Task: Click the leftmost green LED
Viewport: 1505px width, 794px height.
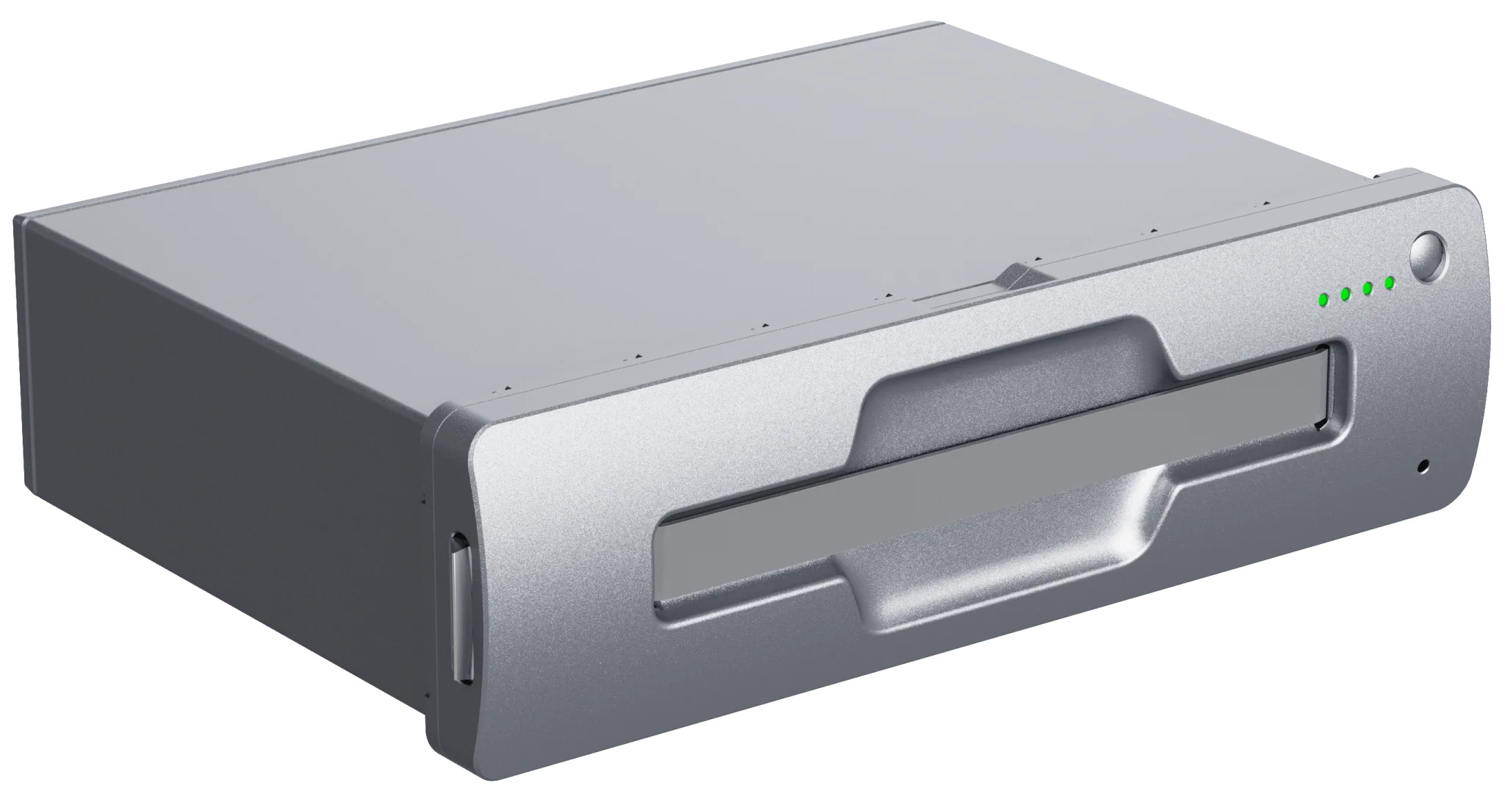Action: [1323, 299]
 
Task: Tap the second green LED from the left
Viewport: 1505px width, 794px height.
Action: [1346, 294]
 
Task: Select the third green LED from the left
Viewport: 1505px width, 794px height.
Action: [1368, 288]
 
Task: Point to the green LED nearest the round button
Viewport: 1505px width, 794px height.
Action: [1389, 282]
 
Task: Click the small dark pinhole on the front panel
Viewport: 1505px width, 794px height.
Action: [1423, 465]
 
